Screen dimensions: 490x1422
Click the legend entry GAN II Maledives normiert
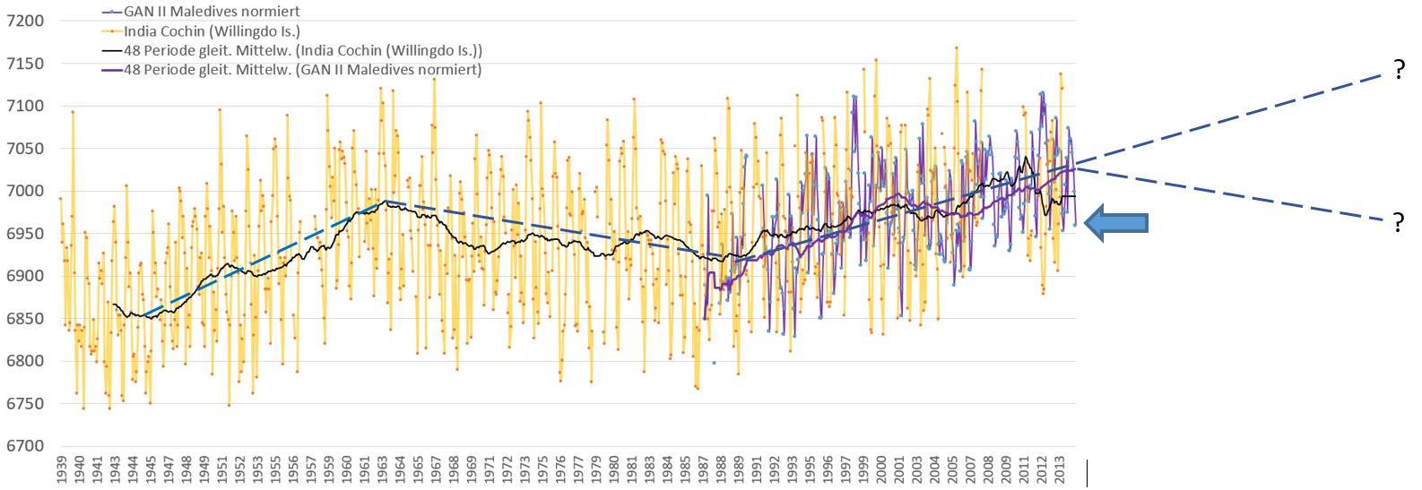tap(212, 12)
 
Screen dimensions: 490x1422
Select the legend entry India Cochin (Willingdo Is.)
tap(212, 31)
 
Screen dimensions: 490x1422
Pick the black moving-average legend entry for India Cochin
tap(302, 50)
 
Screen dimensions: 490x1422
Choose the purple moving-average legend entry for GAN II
tap(302, 70)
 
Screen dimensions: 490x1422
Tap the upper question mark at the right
tap(1399, 70)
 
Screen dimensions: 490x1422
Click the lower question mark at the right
tap(1399, 222)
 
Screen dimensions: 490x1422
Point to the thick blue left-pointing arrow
tap(1116, 223)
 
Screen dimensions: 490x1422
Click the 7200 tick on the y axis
tap(25, 21)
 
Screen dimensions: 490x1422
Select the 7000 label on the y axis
tap(25, 191)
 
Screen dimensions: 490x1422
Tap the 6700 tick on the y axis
tap(25, 446)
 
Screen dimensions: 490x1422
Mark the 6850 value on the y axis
tap(25, 319)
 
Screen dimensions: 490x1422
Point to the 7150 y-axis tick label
tap(25, 64)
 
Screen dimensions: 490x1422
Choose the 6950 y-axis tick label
tap(25, 234)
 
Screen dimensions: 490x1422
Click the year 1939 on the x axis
tap(62, 469)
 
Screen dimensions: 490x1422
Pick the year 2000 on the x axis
tap(881, 469)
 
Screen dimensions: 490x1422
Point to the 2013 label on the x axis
tap(1060, 469)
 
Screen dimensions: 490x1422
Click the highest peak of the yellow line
tap(957, 47)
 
